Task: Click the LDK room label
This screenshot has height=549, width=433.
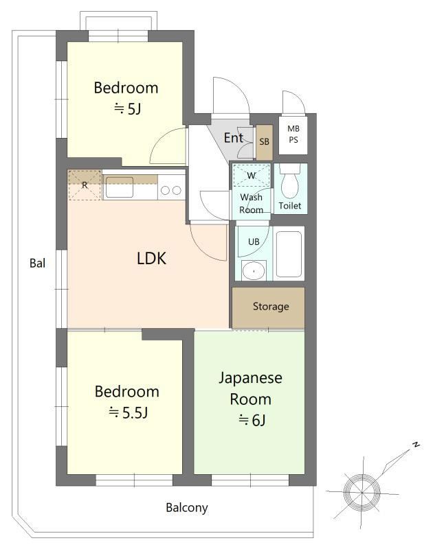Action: pos(151,259)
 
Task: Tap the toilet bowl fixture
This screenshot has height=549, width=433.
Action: pos(289,181)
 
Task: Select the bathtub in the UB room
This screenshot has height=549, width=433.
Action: pos(289,253)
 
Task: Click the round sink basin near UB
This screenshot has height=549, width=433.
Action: pos(253,270)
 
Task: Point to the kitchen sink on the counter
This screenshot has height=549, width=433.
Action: pos(120,187)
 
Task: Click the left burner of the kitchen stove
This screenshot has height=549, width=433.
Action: pos(165,190)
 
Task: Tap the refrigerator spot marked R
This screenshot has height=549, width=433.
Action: pos(85,185)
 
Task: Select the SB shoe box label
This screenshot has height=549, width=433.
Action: pos(265,141)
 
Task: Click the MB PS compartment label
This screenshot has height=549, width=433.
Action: pos(293,134)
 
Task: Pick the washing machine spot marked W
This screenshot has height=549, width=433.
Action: pos(252,176)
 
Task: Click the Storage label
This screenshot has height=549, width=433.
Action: pos(271,306)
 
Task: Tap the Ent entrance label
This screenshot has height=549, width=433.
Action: pos(234,138)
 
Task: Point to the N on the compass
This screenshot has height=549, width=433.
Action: pos(416,445)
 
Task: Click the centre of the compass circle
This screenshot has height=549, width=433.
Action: pos(362,492)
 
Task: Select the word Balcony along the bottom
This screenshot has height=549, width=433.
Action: pos(187,507)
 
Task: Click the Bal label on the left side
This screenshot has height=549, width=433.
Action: pos(38,263)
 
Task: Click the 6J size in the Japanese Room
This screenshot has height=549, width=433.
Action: pos(252,420)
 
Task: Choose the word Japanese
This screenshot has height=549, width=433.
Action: pos(251,379)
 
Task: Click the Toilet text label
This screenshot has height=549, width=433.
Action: pos(290,206)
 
